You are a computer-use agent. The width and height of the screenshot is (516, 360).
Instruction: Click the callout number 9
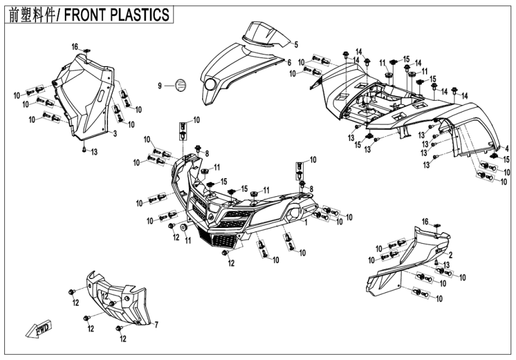[160, 86]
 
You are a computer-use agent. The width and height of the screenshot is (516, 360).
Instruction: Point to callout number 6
[289, 62]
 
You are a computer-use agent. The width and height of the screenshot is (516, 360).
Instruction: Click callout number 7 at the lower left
[156, 325]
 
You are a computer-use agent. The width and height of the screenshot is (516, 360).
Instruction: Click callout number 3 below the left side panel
[115, 133]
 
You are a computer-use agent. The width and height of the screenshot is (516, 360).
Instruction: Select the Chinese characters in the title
[31, 15]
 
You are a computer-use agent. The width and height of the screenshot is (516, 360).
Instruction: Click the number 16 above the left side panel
[75, 46]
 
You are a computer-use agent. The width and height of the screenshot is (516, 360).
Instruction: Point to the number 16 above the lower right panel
[425, 222]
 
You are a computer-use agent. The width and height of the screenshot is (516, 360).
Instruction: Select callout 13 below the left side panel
[94, 152]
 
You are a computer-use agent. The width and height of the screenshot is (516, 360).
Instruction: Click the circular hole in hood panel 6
[209, 85]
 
